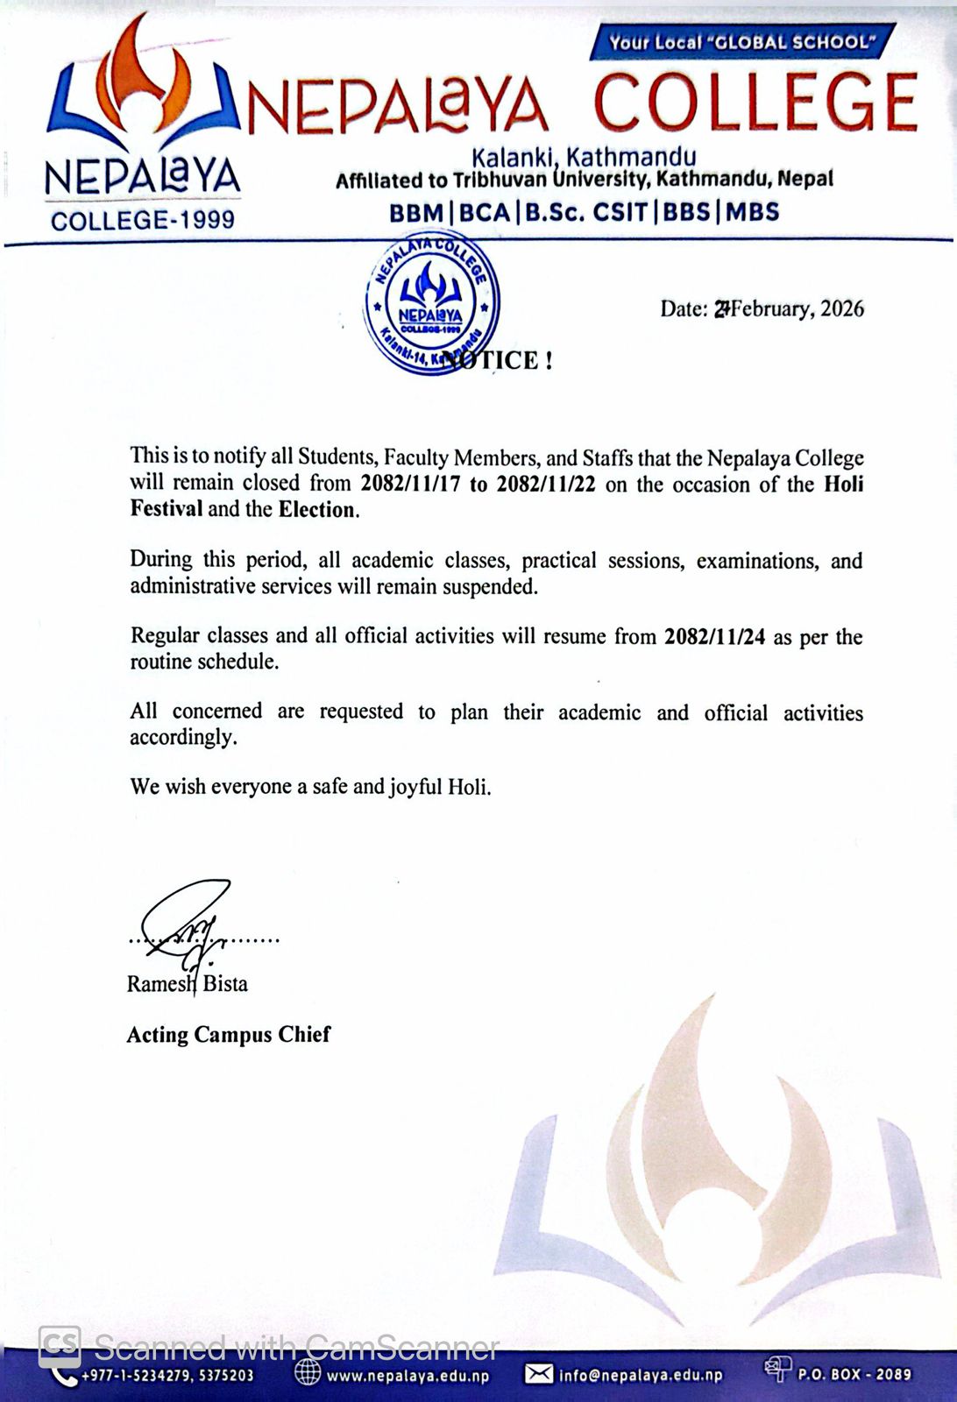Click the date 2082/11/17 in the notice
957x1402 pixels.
(411, 484)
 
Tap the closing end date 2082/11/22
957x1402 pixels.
(546, 484)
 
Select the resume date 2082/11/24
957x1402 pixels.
(714, 637)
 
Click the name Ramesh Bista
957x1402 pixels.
(187, 984)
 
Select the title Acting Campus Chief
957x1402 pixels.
(229, 1035)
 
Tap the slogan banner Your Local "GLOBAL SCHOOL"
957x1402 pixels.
(743, 41)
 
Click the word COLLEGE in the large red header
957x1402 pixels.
(756, 103)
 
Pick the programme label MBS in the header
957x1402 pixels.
(751, 212)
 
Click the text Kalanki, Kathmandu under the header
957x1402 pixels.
(584, 157)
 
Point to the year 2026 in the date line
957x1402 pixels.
(841, 308)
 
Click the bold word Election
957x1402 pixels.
(317, 510)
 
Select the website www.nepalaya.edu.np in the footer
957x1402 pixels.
(408, 1376)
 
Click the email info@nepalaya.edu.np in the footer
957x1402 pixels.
(641, 1376)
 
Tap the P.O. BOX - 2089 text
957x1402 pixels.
(854, 1375)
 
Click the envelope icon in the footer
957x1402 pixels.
(538, 1374)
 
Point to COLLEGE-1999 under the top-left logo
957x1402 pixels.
(143, 219)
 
